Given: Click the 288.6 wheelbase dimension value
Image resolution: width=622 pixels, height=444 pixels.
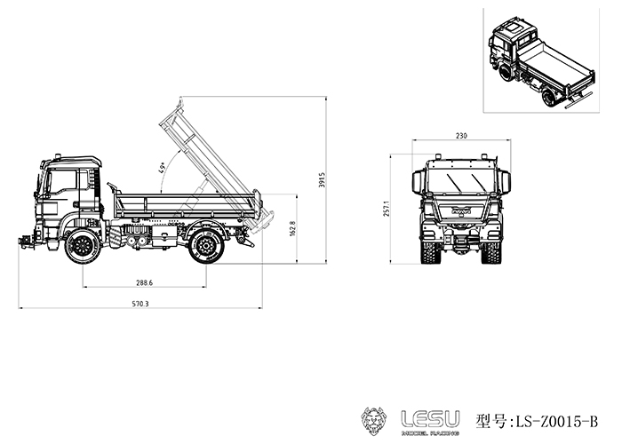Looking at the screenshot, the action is tap(144, 282).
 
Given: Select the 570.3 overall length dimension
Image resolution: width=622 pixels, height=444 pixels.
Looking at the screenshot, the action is tap(140, 304).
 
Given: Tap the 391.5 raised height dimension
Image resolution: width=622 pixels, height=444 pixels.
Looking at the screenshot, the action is tap(322, 179).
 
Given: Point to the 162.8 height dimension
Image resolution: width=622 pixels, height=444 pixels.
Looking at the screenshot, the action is tap(292, 228).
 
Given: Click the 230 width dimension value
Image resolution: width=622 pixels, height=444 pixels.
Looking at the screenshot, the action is tap(461, 136).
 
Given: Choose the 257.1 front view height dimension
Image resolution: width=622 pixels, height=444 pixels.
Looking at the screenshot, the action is tap(387, 209).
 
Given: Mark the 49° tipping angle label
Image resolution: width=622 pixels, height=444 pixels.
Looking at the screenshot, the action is tap(163, 169).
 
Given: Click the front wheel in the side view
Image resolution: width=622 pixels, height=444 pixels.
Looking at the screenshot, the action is tap(83, 246).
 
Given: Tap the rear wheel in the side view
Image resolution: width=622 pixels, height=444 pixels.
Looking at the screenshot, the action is tap(206, 246).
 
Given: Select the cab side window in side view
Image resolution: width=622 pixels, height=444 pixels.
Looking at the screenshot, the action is tap(62, 182).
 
